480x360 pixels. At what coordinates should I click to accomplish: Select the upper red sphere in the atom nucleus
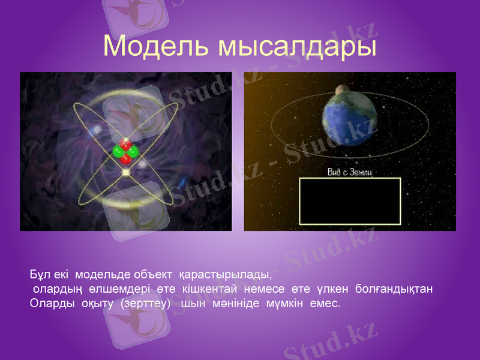[x=126, y=145]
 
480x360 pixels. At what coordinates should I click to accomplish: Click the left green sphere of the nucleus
[x=119, y=152]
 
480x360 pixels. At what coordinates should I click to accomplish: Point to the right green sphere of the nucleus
[x=133, y=152]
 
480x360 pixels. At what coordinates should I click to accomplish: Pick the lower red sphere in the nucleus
[x=125, y=160]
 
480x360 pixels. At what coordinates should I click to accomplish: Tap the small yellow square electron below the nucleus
[x=126, y=173]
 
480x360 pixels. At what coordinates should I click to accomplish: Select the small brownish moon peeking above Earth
[x=342, y=89]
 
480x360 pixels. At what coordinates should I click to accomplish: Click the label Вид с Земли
[x=350, y=173]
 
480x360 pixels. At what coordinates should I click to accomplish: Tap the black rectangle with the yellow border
[x=350, y=202]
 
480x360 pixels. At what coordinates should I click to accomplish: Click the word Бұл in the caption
[x=39, y=275]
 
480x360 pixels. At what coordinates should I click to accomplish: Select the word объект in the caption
[x=156, y=275]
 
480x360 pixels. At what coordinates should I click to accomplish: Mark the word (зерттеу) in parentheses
[x=146, y=303]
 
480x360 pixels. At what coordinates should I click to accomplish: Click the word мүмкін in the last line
[x=286, y=303]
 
